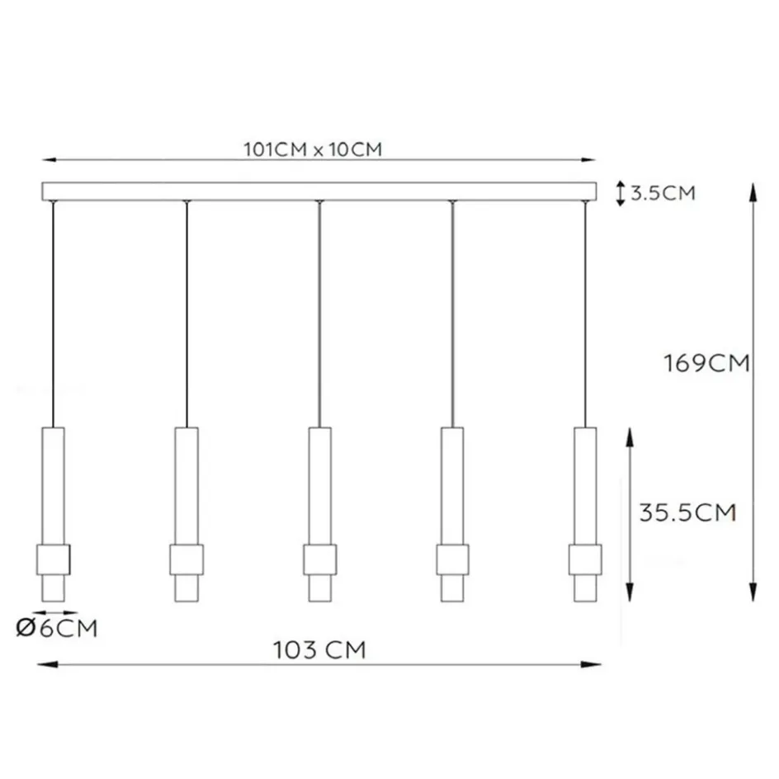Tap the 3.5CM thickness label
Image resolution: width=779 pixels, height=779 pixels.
click(x=663, y=194)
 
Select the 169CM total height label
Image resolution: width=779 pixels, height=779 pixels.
click(x=706, y=363)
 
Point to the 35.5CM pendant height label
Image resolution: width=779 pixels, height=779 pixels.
click(x=687, y=512)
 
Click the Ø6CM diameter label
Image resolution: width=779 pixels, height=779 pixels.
click(x=57, y=629)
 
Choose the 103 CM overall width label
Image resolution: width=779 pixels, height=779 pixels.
click(x=319, y=650)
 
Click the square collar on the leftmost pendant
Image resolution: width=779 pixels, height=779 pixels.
click(x=54, y=559)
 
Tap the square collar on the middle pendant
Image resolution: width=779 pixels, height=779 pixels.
click(x=319, y=559)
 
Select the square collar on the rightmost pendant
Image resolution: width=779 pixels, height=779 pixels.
click(x=585, y=559)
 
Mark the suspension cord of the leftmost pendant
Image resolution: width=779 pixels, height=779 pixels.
click(x=54, y=314)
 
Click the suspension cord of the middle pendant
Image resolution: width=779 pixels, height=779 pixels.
click(x=319, y=314)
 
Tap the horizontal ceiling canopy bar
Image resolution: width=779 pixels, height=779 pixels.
click(x=319, y=191)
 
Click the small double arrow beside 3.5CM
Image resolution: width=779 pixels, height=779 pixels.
click(x=620, y=194)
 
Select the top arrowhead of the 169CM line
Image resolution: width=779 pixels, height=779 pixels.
click(x=753, y=189)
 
